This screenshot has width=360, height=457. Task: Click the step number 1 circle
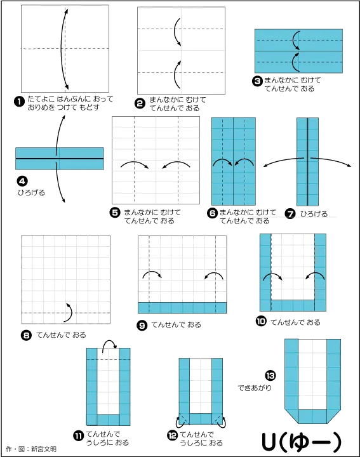click(x=19, y=102)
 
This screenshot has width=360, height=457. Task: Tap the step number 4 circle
click(x=22, y=182)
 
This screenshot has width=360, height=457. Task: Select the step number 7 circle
click(x=290, y=214)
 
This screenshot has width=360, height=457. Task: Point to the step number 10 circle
click(x=261, y=321)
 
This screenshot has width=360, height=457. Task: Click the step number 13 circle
click(x=270, y=375)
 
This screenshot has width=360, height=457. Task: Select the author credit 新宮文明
click(x=44, y=449)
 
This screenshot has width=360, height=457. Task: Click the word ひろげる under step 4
click(x=31, y=193)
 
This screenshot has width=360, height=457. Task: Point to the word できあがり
click(x=255, y=388)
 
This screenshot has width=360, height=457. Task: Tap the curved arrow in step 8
click(x=69, y=312)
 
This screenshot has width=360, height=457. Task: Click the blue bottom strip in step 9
click(x=182, y=307)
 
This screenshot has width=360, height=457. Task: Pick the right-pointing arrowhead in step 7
click(x=349, y=166)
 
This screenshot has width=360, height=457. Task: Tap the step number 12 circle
click(x=172, y=435)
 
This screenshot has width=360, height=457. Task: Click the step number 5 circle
click(x=115, y=213)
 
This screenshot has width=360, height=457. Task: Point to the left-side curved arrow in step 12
click(x=178, y=421)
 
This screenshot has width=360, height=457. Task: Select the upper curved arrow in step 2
click(x=177, y=32)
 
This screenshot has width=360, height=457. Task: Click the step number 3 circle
click(x=257, y=81)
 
